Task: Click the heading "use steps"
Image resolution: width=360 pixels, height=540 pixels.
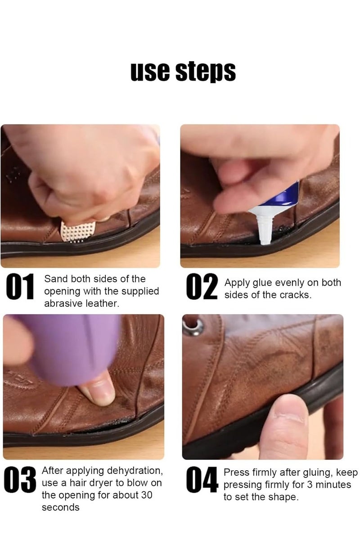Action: point(183,72)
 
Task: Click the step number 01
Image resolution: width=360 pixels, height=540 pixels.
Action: point(20,288)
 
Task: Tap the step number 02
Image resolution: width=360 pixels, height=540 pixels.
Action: point(202,288)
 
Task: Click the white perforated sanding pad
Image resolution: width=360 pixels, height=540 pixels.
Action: point(78,230)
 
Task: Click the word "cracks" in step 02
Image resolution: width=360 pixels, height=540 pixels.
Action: point(296,295)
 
